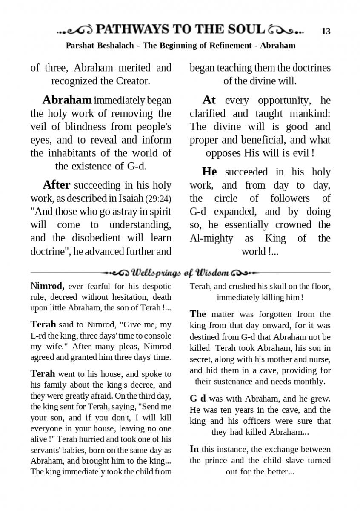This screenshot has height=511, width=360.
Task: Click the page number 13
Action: (x=326, y=31)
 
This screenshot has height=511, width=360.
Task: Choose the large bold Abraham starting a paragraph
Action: (x=67, y=100)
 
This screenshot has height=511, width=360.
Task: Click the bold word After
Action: (x=57, y=185)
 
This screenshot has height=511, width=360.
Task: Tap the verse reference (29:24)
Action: (x=158, y=198)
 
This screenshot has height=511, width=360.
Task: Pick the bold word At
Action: (x=209, y=100)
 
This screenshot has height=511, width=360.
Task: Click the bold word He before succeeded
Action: (x=209, y=172)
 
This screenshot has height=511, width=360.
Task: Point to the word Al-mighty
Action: (x=211, y=238)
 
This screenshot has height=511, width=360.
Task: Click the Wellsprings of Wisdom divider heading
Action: (x=180, y=272)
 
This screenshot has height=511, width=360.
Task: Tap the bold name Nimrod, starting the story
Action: (x=47, y=287)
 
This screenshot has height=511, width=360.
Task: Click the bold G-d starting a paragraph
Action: (x=197, y=399)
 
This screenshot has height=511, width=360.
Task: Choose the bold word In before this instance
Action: (x=194, y=449)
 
